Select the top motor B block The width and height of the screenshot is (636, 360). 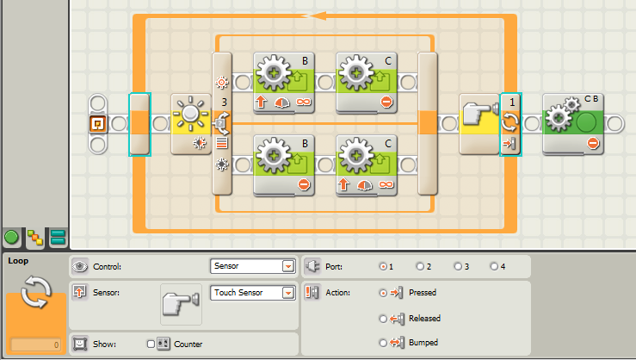click(x=283, y=82)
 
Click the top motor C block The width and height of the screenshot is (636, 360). click(x=366, y=82)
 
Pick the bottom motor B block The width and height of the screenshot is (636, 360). click(x=283, y=164)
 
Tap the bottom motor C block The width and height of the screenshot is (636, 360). click(x=366, y=164)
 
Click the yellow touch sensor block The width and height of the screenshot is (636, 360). click(x=479, y=123)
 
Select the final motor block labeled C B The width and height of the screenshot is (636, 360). click(x=574, y=123)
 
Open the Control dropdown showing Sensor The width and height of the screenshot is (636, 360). click(x=287, y=267)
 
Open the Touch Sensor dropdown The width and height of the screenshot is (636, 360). click(x=287, y=293)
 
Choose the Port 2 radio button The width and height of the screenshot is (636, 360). click(x=420, y=267)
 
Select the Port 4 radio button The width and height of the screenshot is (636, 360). click(x=494, y=267)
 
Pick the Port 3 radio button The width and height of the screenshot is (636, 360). click(x=457, y=267)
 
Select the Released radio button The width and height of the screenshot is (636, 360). click(x=383, y=319)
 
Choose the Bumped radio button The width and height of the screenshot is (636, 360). click(x=383, y=344)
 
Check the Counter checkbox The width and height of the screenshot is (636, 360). click(x=151, y=344)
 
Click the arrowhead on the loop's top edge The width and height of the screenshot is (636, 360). click(x=318, y=16)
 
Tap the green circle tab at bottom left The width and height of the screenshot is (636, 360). click(x=12, y=237)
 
